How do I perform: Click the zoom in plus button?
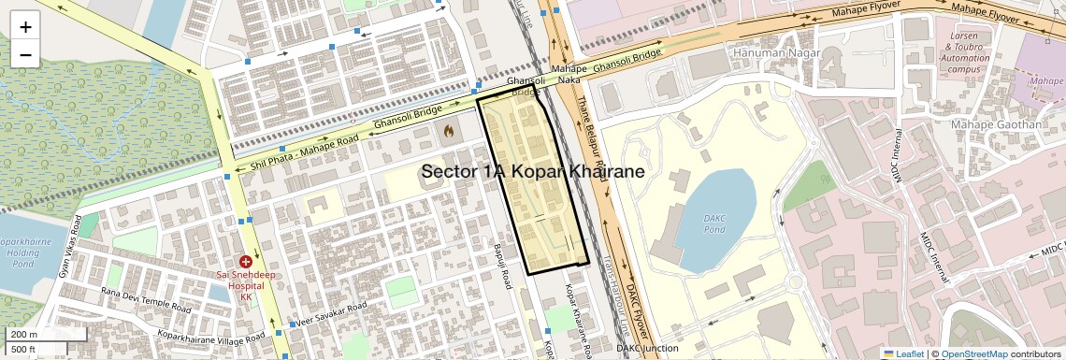tap(25, 27)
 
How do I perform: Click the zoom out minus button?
tap(25, 54)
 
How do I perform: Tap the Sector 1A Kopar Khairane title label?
tap(533, 172)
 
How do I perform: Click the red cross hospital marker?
tap(245, 264)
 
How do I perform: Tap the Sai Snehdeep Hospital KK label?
tap(247, 285)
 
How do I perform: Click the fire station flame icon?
tap(449, 132)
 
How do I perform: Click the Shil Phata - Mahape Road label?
tap(304, 154)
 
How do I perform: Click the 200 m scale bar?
tap(34, 335)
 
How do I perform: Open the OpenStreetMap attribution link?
tap(973, 353)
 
